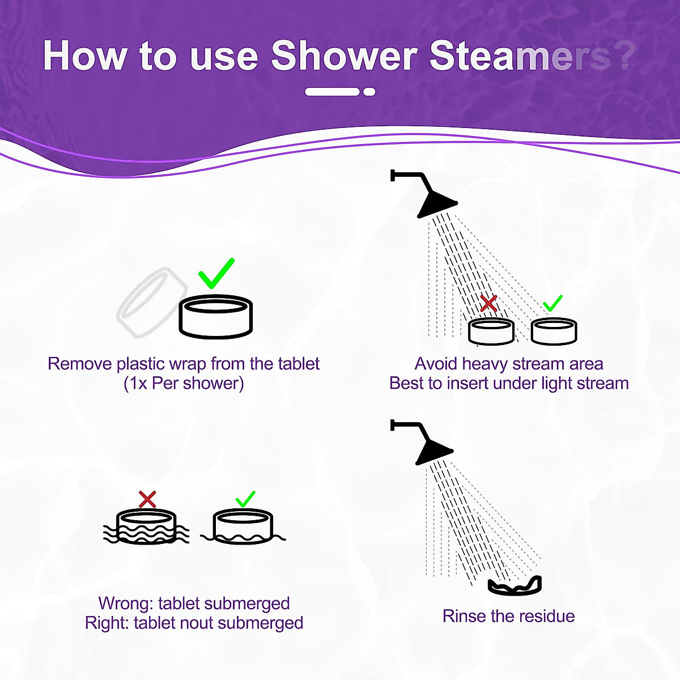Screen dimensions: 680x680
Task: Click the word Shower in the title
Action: pos(344,56)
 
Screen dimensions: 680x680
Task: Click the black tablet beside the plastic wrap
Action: pos(216,317)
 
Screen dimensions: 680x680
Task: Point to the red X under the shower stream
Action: pos(488,303)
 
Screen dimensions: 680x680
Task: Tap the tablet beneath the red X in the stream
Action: pos(491,331)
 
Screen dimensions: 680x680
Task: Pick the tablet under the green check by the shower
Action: pos(554,331)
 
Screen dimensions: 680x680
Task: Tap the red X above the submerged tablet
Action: pos(147,499)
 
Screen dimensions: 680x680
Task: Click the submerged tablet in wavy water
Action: pos(146,527)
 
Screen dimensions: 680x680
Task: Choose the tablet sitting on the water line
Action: pos(244,527)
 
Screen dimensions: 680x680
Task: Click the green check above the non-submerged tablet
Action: pos(245,499)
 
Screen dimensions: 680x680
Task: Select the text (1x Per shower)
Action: pos(184,383)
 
